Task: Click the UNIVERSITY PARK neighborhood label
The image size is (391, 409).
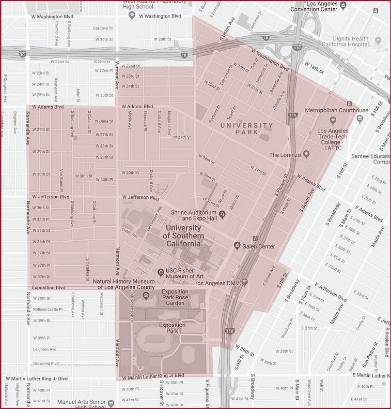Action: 246,129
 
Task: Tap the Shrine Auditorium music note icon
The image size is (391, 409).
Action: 222,213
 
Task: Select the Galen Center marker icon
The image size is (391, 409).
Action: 237,246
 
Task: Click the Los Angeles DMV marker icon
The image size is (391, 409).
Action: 245,283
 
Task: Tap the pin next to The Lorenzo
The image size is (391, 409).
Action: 306,154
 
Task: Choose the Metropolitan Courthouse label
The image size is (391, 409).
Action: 337,110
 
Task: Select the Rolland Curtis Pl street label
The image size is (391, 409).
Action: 47,309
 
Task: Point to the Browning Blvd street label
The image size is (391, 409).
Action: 45,363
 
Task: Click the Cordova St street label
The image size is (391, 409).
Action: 102,28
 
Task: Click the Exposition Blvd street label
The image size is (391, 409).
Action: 49,287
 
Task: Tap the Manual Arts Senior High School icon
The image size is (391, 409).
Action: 111,402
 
